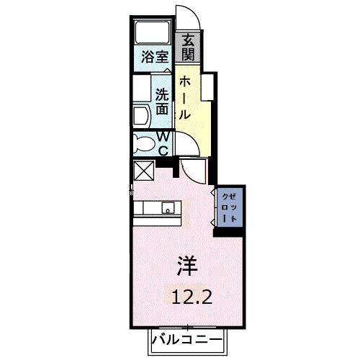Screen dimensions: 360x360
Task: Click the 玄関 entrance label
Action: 188,47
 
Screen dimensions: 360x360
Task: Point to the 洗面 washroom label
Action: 163,102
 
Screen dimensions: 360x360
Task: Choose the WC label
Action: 163,143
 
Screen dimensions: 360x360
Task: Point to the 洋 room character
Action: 185,266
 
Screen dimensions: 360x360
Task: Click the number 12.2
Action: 190,294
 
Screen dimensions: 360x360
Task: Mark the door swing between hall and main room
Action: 193,171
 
